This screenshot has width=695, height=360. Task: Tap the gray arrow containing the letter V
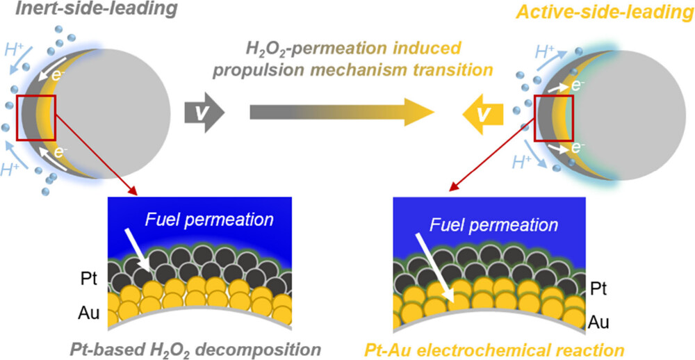click(205, 113)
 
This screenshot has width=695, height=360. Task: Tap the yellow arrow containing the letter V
click(483, 115)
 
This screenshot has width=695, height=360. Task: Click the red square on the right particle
click(554, 117)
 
